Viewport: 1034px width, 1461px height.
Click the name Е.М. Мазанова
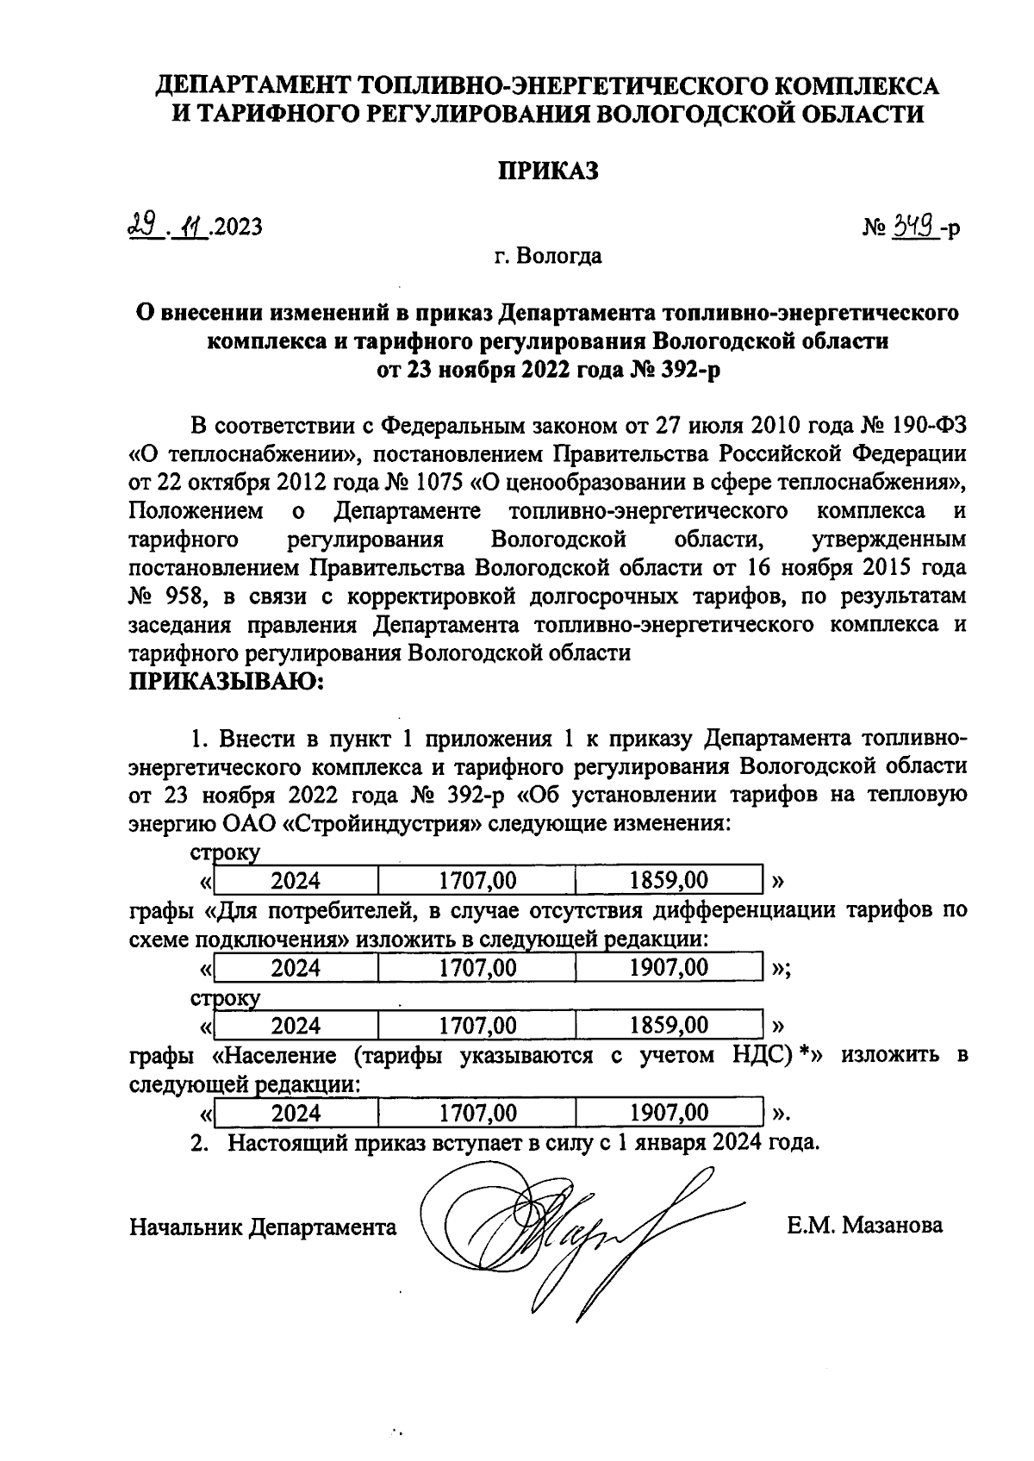click(x=864, y=1226)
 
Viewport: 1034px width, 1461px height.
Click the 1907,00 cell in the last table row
click(x=669, y=1113)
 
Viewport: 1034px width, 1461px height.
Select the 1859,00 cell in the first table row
click(x=669, y=880)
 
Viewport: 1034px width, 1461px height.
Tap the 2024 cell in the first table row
click(x=296, y=880)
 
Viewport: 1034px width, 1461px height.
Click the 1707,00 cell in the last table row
click(x=477, y=1113)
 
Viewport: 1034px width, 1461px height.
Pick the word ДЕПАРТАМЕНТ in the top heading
click(x=252, y=85)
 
